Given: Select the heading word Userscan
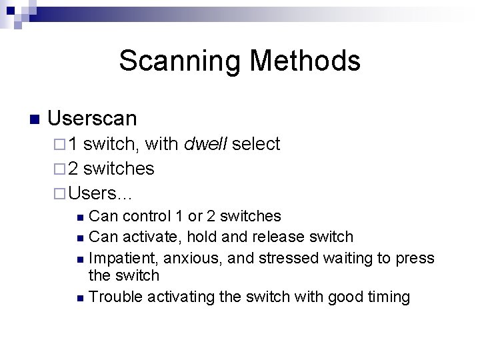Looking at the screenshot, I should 92,119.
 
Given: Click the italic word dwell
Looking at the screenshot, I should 206,144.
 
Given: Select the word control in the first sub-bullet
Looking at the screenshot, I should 145,216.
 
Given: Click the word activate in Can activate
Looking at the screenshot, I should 151,237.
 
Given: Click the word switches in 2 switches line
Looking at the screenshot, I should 119,169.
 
